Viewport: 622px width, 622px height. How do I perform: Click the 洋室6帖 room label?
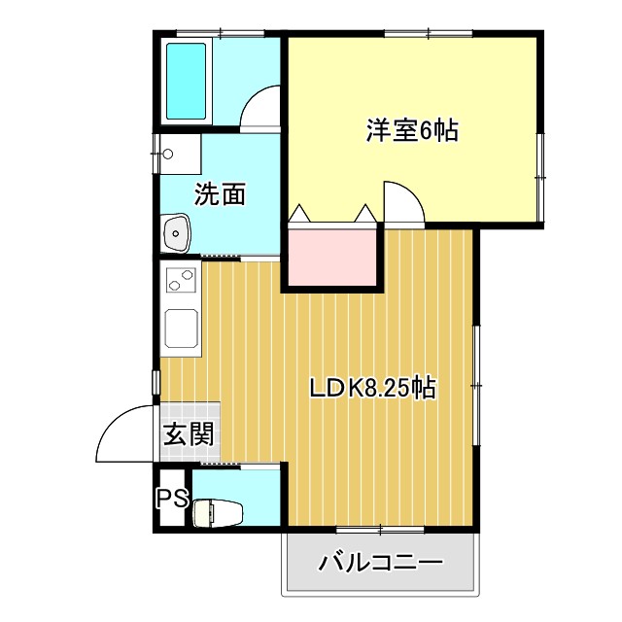pyautogui.click(x=411, y=130)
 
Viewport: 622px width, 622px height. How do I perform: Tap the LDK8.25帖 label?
pyautogui.click(x=371, y=390)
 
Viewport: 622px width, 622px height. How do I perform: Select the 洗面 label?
pyautogui.click(x=219, y=194)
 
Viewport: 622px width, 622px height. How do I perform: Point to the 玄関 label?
pyautogui.click(x=188, y=434)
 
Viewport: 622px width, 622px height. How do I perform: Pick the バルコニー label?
pyautogui.click(x=380, y=563)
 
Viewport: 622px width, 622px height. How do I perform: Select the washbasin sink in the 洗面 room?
pyautogui.click(x=176, y=232)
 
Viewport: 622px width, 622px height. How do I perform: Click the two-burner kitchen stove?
pyautogui.click(x=180, y=280)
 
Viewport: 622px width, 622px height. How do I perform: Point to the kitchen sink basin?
pyautogui.click(x=181, y=328)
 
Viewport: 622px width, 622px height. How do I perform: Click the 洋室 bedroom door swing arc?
pyautogui.click(x=403, y=201)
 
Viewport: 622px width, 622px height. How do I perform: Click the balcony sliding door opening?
pyautogui.click(x=379, y=529)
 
